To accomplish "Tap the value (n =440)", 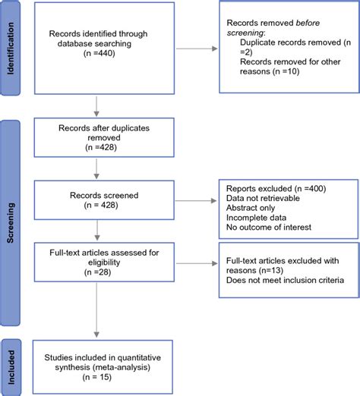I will click(96, 55).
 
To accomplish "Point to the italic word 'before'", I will click(304, 23).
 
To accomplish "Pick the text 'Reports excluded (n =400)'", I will click(271, 187).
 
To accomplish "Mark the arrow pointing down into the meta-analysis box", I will click(96, 322).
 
